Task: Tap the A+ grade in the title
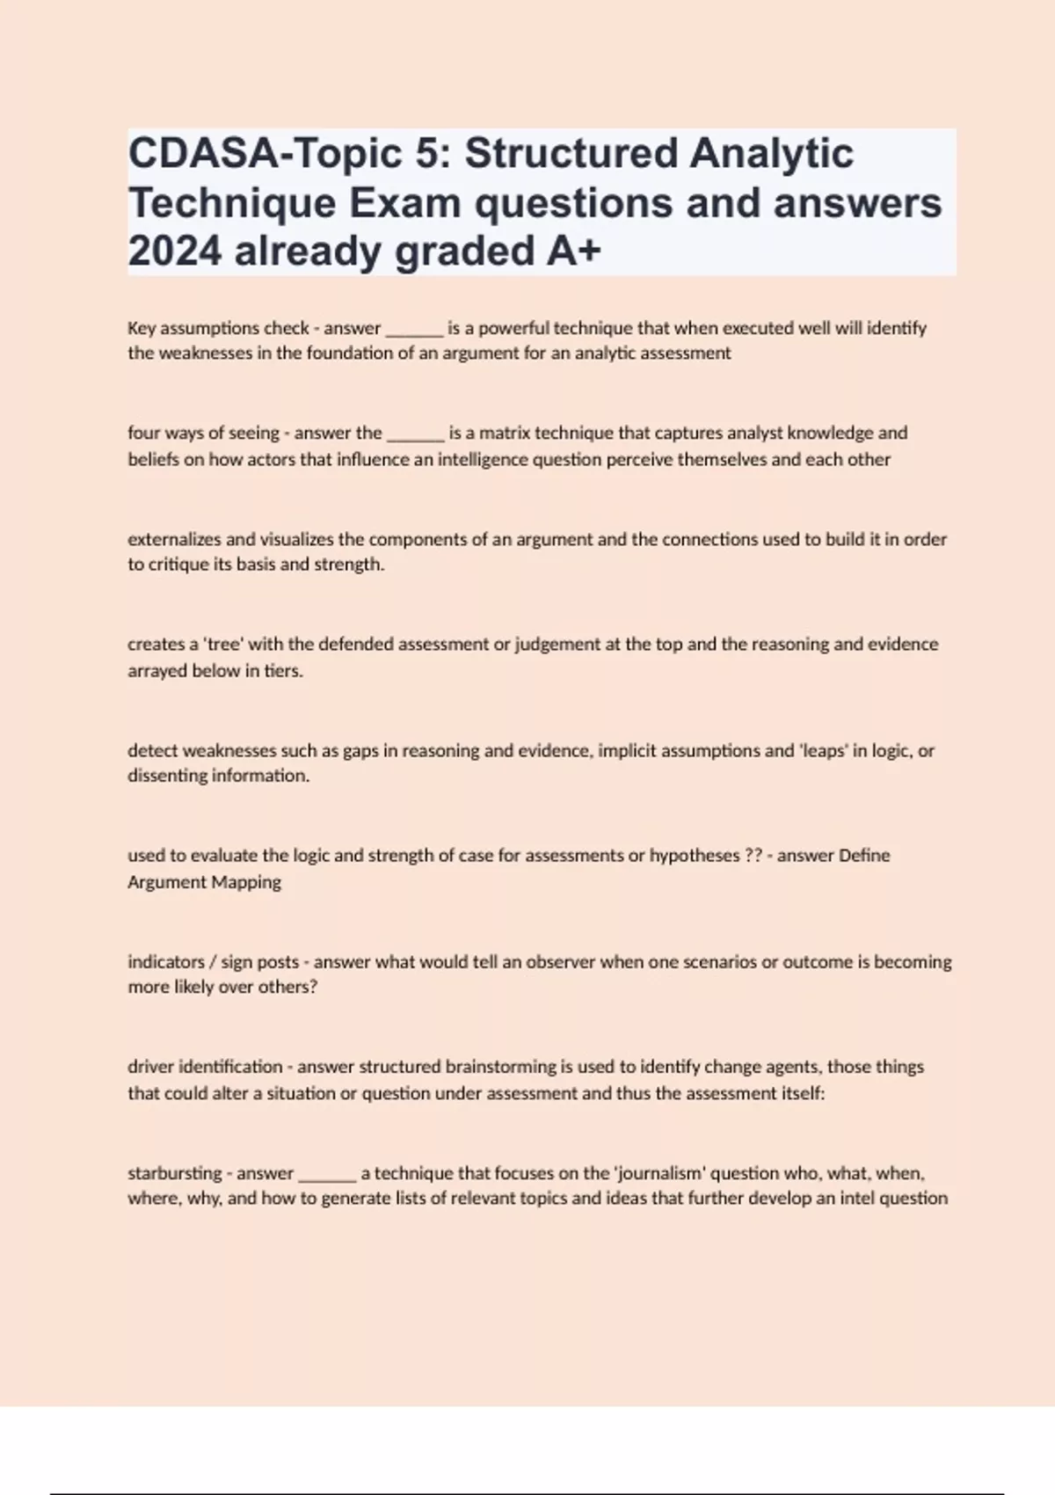[x=574, y=252]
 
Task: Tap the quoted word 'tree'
[x=223, y=645]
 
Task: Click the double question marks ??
[x=753, y=856]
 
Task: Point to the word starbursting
[x=174, y=1173]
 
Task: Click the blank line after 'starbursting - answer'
[x=327, y=1176]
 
